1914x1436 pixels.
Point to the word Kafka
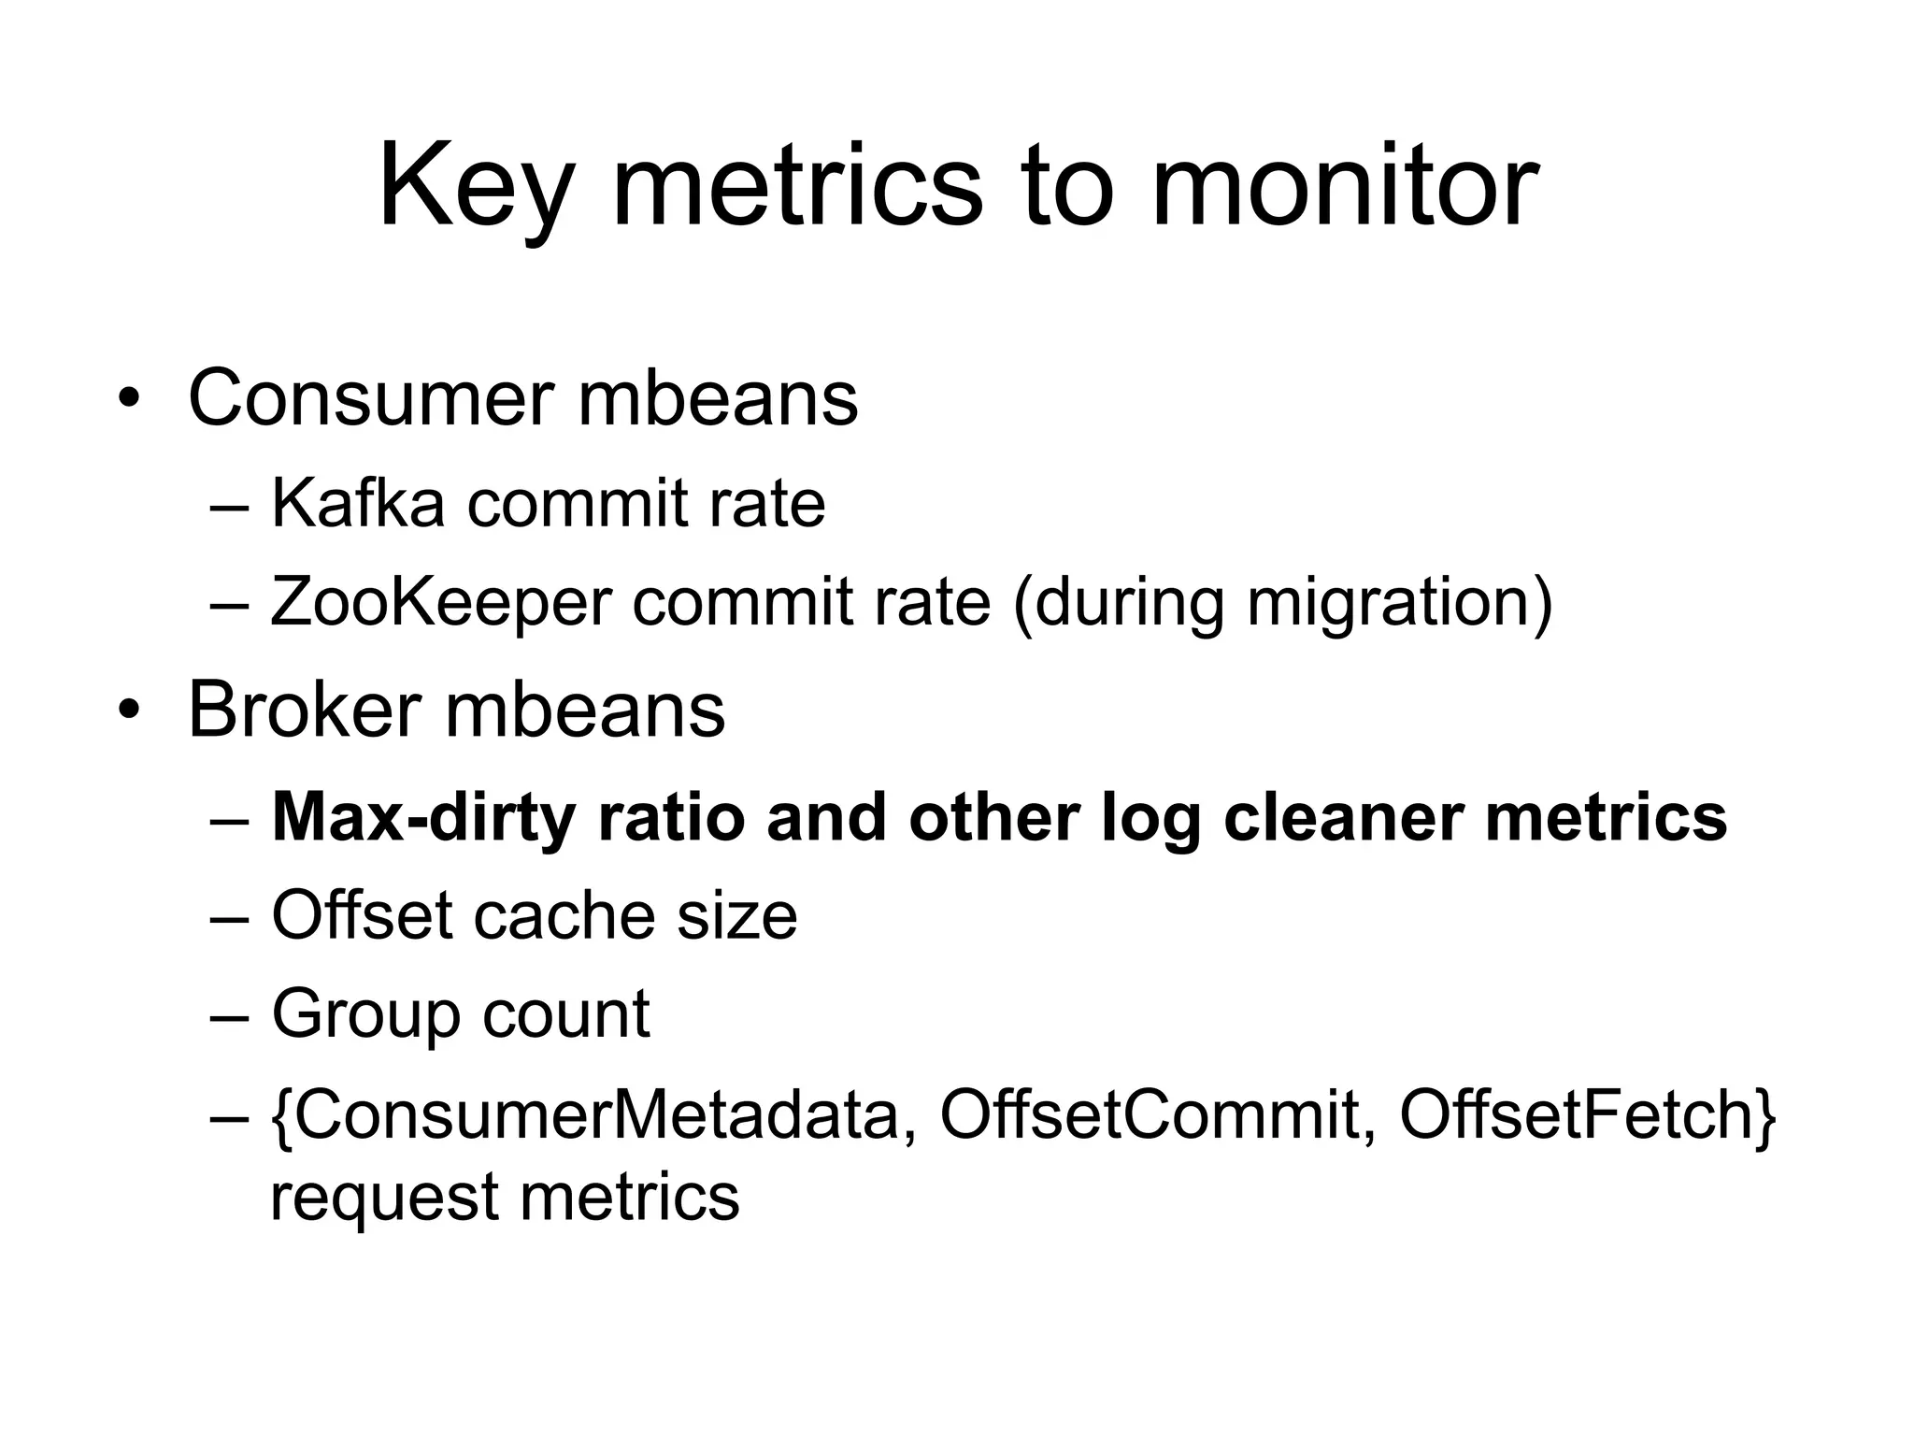pos(357,504)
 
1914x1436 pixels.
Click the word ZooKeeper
pos(439,603)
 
